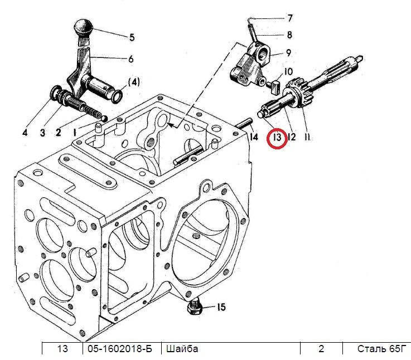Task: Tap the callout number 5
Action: tap(132, 37)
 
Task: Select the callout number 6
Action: tap(131, 59)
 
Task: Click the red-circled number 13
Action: tap(277, 137)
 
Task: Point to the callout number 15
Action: tap(221, 307)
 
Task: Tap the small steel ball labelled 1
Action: tap(104, 119)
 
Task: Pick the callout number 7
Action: tap(289, 18)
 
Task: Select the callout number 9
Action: tap(288, 53)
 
